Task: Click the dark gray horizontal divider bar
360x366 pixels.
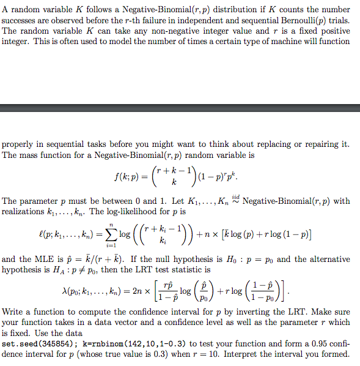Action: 180,108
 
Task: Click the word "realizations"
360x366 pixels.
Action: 23,212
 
